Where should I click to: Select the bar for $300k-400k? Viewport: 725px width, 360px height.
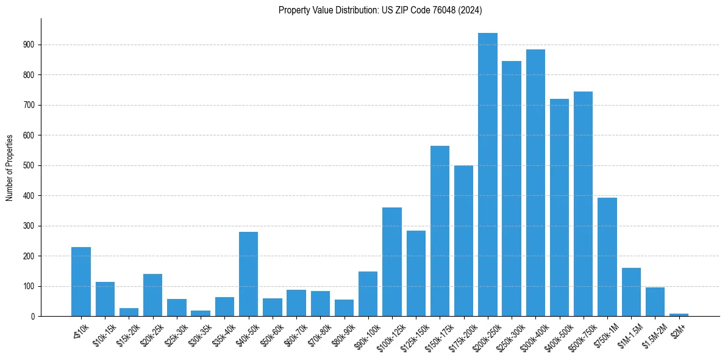pyautogui.click(x=535, y=183)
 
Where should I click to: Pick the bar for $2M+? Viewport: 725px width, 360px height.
pyautogui.click(x=679, y=314)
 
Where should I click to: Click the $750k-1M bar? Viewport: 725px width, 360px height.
pyautogui.click(x=607, y=257)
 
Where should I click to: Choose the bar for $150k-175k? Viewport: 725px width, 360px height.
pyautogui.click(x=440, y=231)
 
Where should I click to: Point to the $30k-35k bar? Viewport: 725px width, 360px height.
pyautogui.click(x=201, y=313)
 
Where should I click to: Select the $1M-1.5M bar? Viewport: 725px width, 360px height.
pyautogui.click(x=631, y=292)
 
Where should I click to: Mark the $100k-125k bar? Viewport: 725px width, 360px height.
pyautogui.click(x=392, y=262)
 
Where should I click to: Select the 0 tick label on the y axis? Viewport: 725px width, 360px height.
pyautogui.click(x=33, y=316)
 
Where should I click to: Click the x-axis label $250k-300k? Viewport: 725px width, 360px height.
pyautogui.click(x=507, y=335)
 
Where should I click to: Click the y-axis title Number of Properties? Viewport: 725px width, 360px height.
pyautogui.click(x=9, y=167)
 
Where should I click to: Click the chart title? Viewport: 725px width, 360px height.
pyautogui.click(x=380, y=10)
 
